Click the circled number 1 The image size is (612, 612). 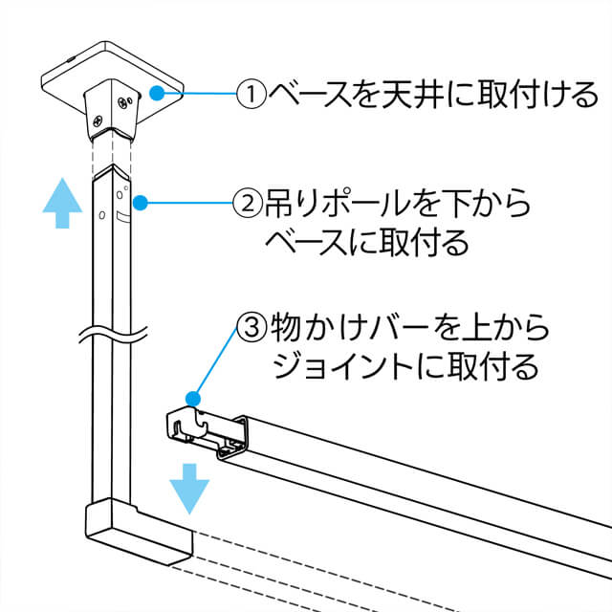[251, 94]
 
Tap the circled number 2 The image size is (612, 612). [248, 203]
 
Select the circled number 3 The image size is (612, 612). [252, 327]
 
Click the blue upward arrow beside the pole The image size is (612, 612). [62, 203]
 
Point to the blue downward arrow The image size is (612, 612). [189, 489]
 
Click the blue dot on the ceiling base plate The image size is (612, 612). [157, 93]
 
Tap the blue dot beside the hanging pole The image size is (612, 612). [141, 203]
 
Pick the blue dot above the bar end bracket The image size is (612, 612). [193, 399]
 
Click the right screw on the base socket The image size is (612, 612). [122, 102]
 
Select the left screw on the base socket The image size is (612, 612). [98, 121]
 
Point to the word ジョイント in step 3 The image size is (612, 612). [343, 366]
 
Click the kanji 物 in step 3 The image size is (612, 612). [286, 327]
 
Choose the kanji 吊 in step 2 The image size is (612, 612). [278, 203]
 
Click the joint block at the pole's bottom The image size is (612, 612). [139, 532]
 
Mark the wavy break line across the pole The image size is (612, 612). [113, 335]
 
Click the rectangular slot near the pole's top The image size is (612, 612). [123, 217]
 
